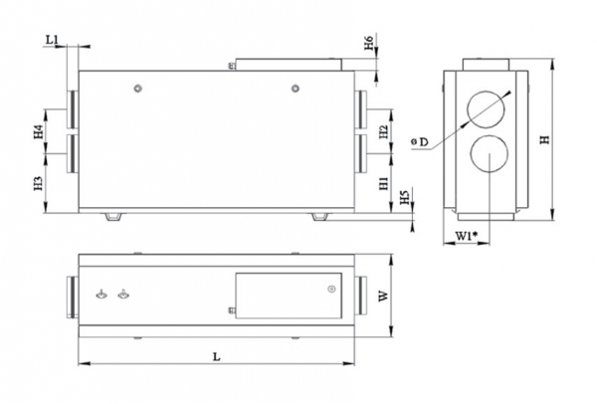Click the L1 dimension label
[x=52, y=40]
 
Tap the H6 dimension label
[x=368, y=42]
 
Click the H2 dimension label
[x=383, y=131]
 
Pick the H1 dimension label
[x=383, y=183]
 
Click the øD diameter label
[x=420, y=142]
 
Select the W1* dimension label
[x=467, y=236]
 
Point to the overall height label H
[x=545, y=139]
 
